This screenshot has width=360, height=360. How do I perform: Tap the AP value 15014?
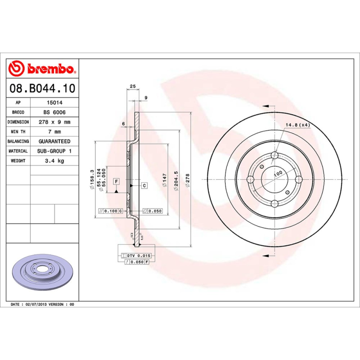(54, 103)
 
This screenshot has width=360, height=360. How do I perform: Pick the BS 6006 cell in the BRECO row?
(54, 112)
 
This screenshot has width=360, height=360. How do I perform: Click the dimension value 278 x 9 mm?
(54, 122)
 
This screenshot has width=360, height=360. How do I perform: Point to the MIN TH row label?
(18, 132)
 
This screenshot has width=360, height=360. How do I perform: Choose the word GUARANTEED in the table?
(54, 141)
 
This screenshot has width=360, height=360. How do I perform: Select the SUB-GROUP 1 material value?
(54, 151)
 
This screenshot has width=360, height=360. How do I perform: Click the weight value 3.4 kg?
(54, 161)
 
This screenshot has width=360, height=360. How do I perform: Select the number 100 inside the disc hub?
(278, 173)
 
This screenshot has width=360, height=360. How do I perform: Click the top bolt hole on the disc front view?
(274, 156)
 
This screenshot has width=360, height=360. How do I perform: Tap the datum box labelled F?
(116, 181)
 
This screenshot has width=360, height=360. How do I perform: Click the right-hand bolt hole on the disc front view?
(297, 179)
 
